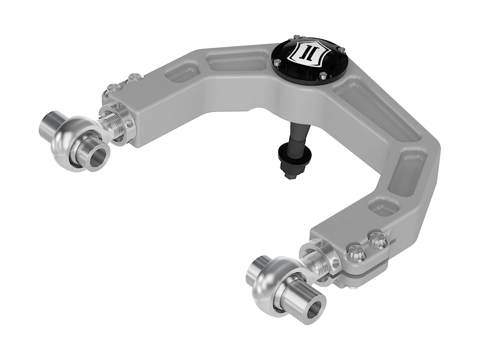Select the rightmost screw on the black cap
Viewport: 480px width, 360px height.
point(343,50)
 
